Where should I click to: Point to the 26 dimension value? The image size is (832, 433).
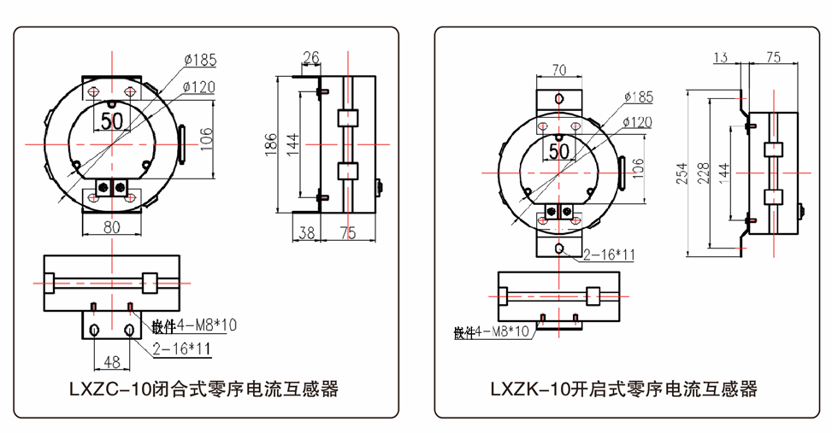coord(311,58)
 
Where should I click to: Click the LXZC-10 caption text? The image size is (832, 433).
coord(204,389)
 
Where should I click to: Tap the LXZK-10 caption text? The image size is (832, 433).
coord(623,389)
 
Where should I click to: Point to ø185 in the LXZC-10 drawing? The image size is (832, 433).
coord(199,60)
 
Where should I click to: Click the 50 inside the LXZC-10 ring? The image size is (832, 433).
coord(112,120)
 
